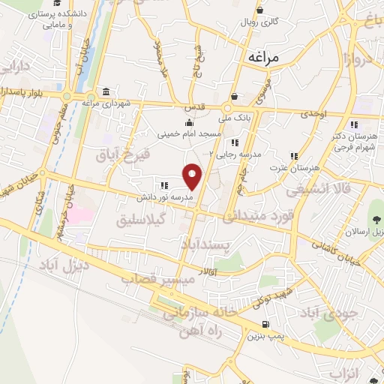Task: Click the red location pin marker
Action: (x=193, y=175)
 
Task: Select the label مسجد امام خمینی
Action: (x=189, y=135)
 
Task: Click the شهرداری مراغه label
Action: (x=106, y=103)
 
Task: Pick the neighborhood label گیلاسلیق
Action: (x=138, y=220)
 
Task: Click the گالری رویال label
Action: (x=259, y=22)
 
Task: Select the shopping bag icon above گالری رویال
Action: (x=259, y=10)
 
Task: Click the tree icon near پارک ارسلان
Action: (x=374, y=219)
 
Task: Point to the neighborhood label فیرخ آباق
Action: (x=124, y=155)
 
